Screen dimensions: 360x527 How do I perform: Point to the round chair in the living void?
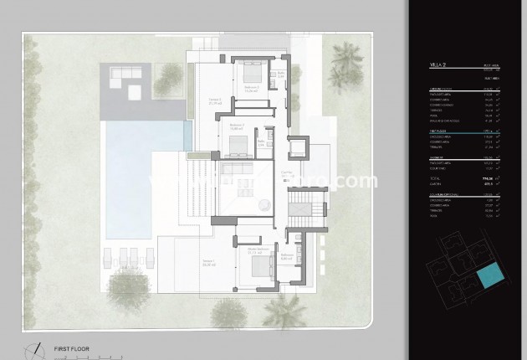[x=263, y=203]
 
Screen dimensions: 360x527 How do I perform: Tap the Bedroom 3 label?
[x=236, y=128]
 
